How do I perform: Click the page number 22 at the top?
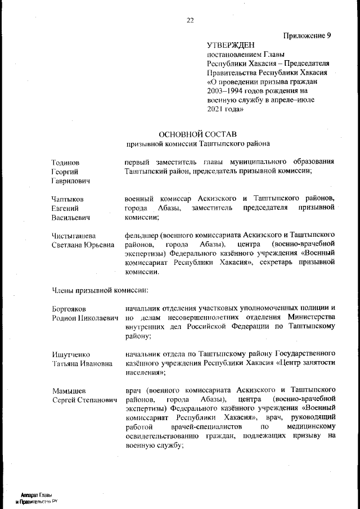[x=190, y=21]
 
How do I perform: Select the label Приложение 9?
[x=307, y=35]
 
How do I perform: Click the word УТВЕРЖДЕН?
[x=231, y=45]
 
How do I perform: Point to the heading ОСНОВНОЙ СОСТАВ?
[x=198, y=134]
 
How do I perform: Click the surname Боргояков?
[x=69, y=309]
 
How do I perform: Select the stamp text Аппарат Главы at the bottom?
[x=37, y=494]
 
